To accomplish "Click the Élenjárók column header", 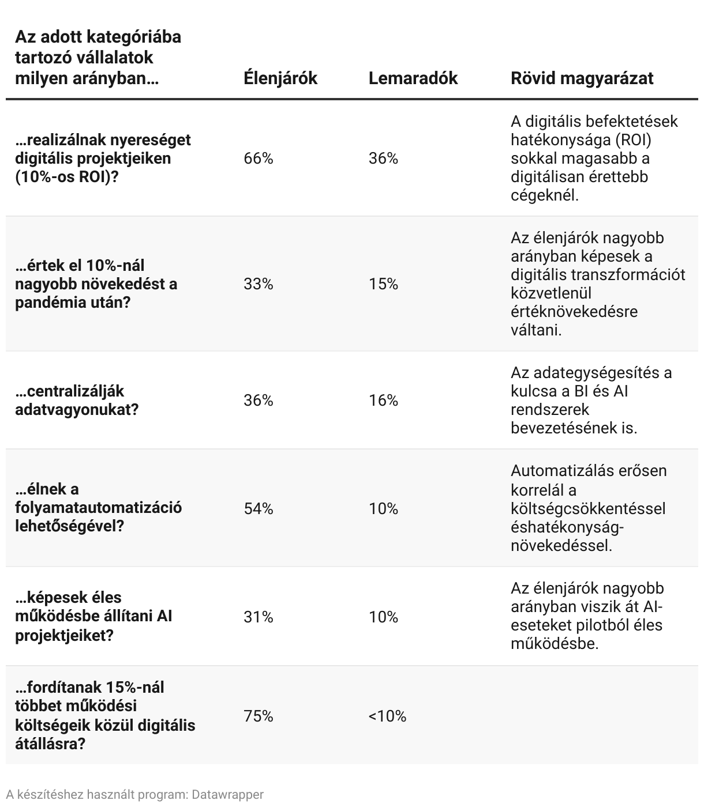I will tap(280, 78).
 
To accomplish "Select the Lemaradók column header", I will tap(413, 78).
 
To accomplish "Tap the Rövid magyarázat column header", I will tap(582, 78).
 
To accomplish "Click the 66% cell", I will tap(258, 158).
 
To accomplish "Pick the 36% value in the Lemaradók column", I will tap(383, 158).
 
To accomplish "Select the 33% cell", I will tap(258, 284).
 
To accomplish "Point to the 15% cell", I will tap(383, 284).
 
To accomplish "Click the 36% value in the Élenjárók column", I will tap(258, 401).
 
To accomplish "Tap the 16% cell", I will tap(383, 401).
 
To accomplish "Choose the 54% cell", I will tap(258, 509).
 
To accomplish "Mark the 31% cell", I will tap(258, 617).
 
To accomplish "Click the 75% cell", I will tap(258, 716).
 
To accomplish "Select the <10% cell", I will tap(387, 716).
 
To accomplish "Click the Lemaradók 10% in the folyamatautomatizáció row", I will tap(383, 509).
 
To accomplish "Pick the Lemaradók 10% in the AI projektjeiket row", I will tap(383, 617).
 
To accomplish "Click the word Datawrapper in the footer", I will tap(227, 795).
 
